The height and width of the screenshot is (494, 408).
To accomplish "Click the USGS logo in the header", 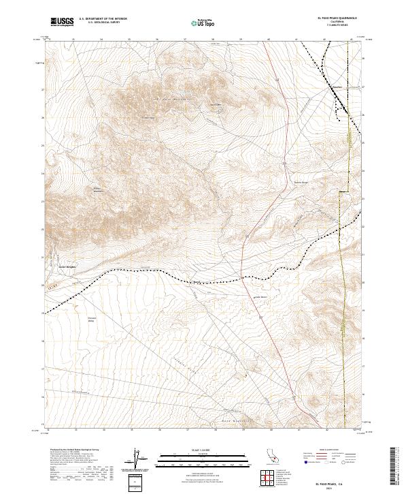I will tap(63, 22).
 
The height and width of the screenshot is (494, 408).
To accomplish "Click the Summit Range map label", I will tap(301, 182).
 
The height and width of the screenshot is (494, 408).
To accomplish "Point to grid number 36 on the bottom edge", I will tap(159, 431).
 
